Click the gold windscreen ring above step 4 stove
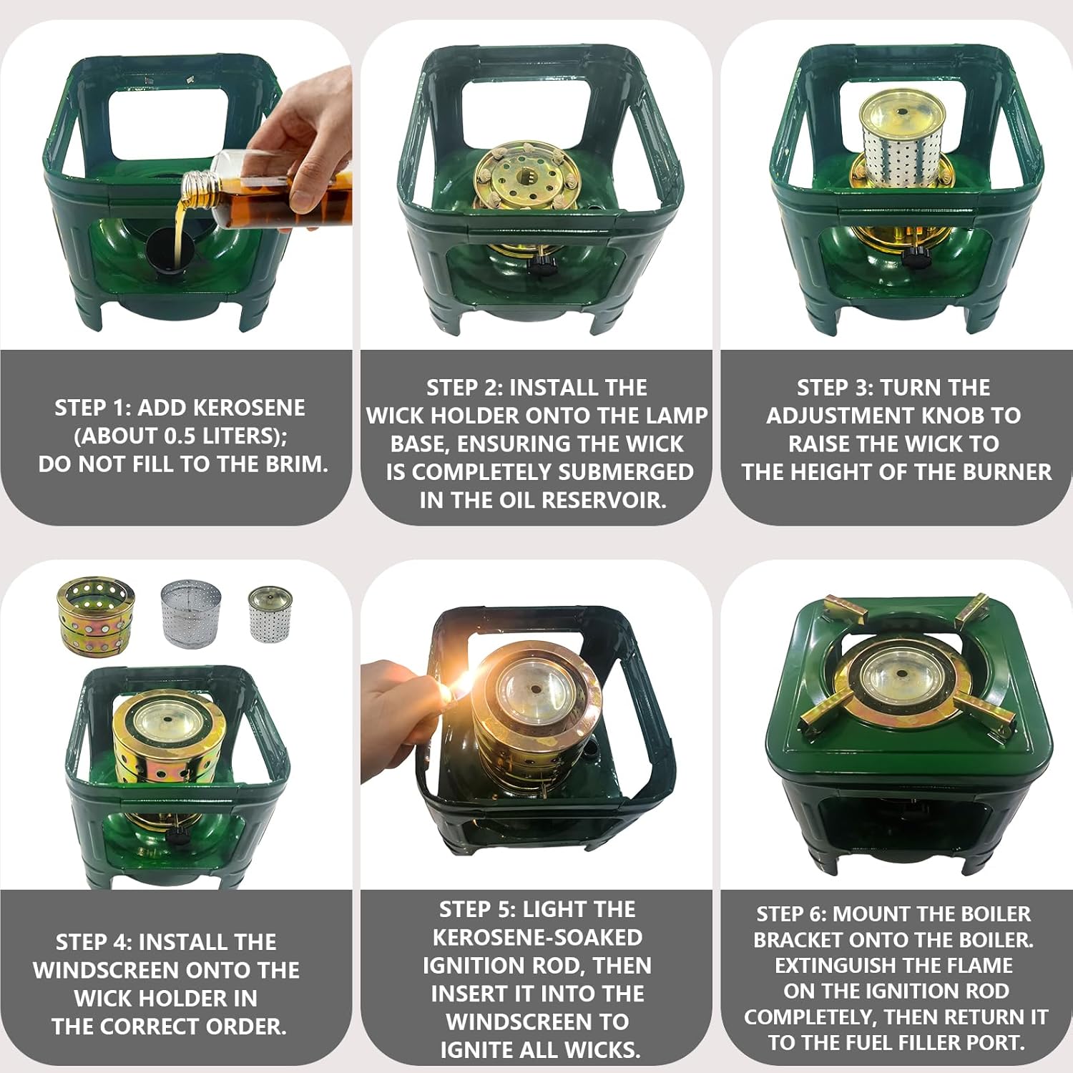94,615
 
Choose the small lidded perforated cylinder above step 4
270,613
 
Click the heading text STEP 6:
792,914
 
